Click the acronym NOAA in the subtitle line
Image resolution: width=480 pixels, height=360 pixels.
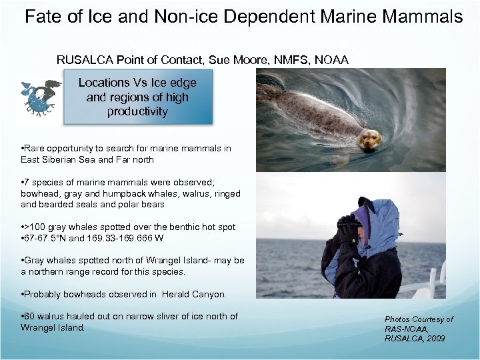tap(331, 60)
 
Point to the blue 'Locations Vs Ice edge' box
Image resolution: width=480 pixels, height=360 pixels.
tap(138, 97)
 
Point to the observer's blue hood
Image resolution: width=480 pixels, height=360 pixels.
tap(380, 220)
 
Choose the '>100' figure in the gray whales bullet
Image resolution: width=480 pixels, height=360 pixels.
tap(33, 227)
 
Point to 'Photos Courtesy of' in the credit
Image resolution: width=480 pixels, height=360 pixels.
tap(419, 319)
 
